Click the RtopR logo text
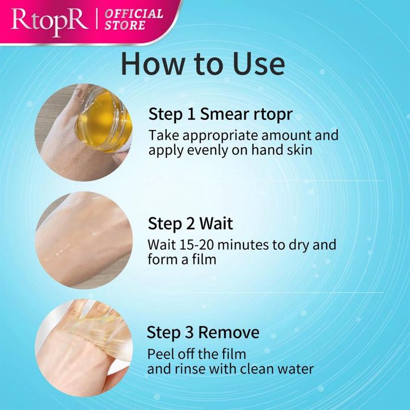[x=50, y=21]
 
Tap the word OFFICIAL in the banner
[x=134, y=14]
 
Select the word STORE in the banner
[x=125, y=25]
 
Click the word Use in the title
[x=258, y=64]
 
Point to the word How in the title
[x=152, y=64]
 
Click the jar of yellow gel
[x=103, y=119]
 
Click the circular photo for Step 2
[x=84, y=241]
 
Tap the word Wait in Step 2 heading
[x=216, y=224]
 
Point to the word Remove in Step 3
[x=229, y=333]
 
